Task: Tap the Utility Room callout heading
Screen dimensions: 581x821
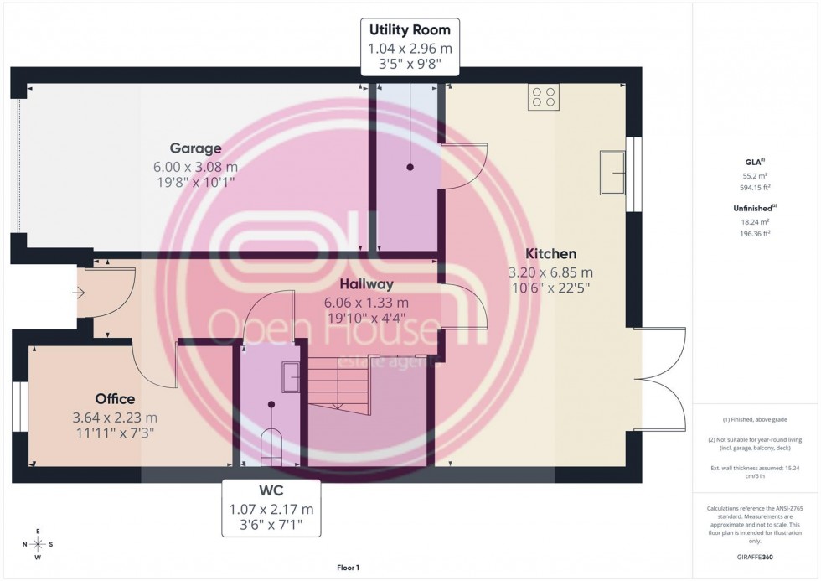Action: click(x=410, y=30)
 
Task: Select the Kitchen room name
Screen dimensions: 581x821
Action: click(x=550, y=253)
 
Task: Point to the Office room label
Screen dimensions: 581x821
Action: click(x=115, y=399)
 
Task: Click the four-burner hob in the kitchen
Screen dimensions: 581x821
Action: click(x=543, y=97)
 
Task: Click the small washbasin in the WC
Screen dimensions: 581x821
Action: click(x=291, y=376)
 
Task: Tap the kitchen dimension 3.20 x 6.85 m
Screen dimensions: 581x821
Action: click(x=550, y=272)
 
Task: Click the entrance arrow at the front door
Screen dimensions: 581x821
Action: click(x=80, y=293)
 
